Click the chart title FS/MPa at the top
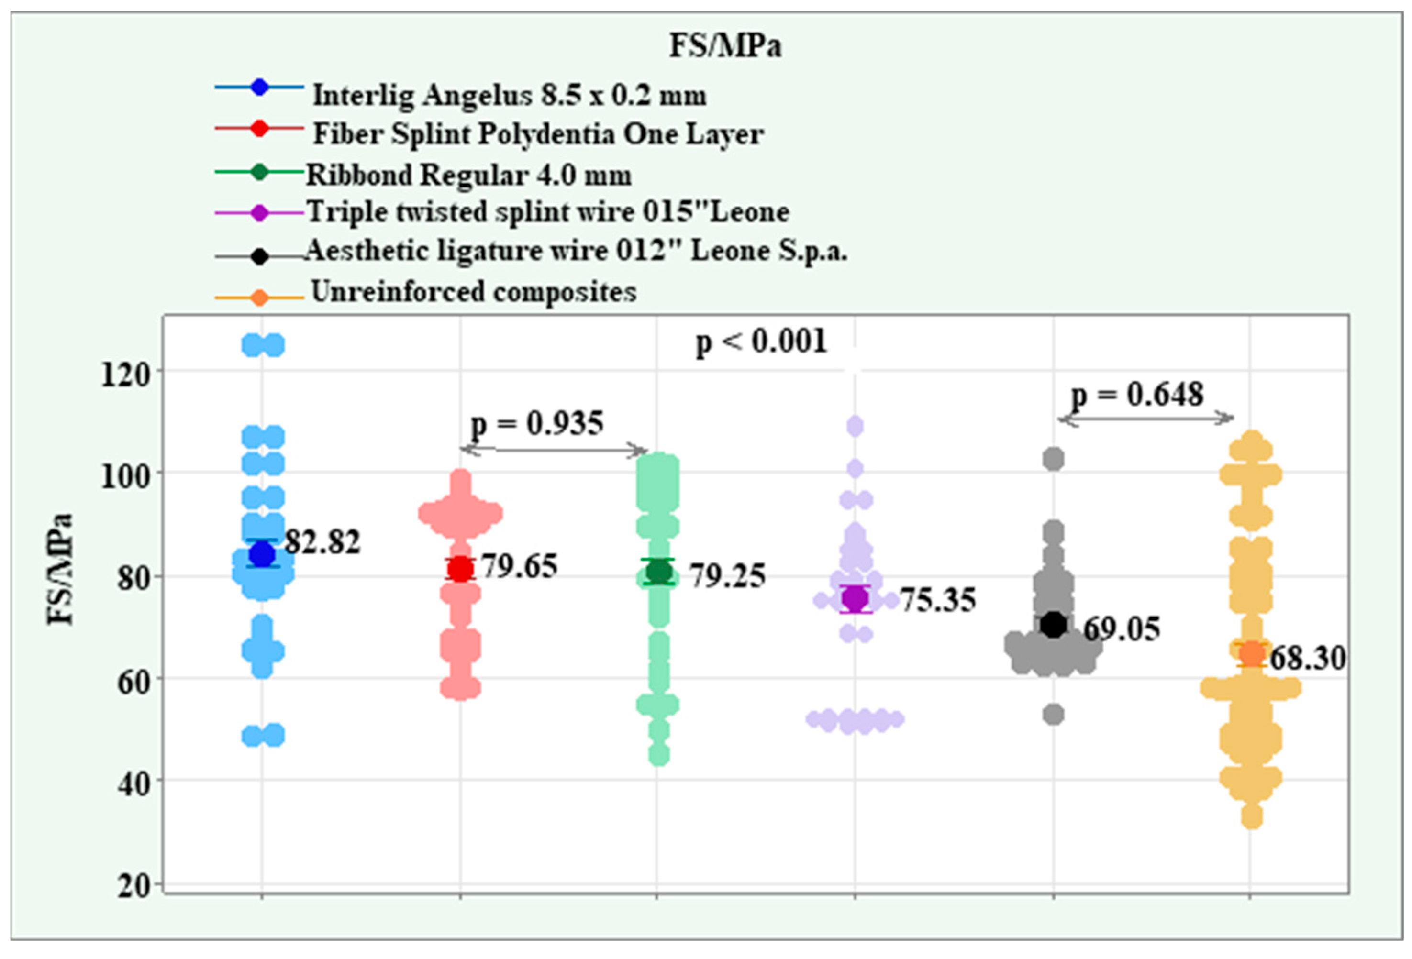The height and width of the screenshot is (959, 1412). [x=724, y=45]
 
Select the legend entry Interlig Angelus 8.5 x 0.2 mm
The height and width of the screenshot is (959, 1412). [x=509, y=95]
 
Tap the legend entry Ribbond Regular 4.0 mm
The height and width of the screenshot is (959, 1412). [x=468, y=175]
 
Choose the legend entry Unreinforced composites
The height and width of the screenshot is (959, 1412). [x=474, y=291]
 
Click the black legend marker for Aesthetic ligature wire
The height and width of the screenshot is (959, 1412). [x=259, y=256]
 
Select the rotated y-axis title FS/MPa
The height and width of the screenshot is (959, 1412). [x=60, y=569]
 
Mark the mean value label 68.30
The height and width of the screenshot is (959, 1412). [x=1308, y=658]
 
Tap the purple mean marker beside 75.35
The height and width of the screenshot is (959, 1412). [x=855, y=599]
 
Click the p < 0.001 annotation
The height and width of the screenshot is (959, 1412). [x=761, y=342]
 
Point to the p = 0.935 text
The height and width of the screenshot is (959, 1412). [x=537, y=423]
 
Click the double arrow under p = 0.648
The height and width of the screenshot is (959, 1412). [x=1146, y=419]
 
